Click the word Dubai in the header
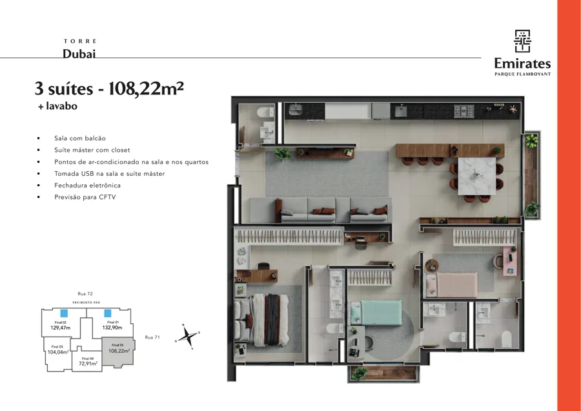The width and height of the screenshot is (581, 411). [x=79, y=54]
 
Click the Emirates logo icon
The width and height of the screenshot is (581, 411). [x=522, y=41]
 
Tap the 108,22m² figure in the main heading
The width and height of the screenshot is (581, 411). [x=146, y=89]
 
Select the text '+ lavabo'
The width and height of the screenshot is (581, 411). [x=58, y=106]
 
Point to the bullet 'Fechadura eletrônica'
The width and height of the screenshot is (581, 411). [x=87, y=185]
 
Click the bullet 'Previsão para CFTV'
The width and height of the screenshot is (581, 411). [x=85, y=197]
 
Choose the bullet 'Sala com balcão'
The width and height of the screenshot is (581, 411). [x=80, y=138]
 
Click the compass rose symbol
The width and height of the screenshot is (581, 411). [x=188, y=337]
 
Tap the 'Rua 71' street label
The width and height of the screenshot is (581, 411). [x=152, y=337]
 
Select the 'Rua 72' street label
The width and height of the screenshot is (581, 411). [x=85, y=294]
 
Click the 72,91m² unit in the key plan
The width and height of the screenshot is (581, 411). [x=88, y=362]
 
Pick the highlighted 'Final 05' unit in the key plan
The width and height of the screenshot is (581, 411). [x=119, y=352]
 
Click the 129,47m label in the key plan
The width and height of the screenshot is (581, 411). [x=61, y=328]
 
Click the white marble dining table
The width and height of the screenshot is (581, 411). [x=477, y=176]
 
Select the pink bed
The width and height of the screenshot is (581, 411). [x=451, y=284]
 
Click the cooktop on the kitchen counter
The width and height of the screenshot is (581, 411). [x=464, y=111]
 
